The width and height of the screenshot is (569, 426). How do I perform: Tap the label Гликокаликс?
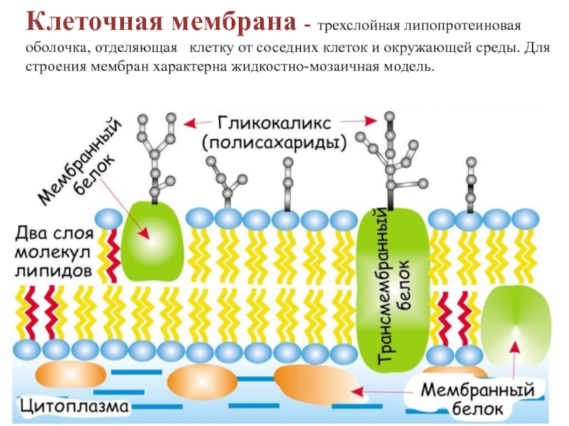pos(275,121)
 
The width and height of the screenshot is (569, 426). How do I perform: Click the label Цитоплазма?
pos(75,407)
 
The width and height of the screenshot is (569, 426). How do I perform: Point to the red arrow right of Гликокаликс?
pos(363,122)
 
